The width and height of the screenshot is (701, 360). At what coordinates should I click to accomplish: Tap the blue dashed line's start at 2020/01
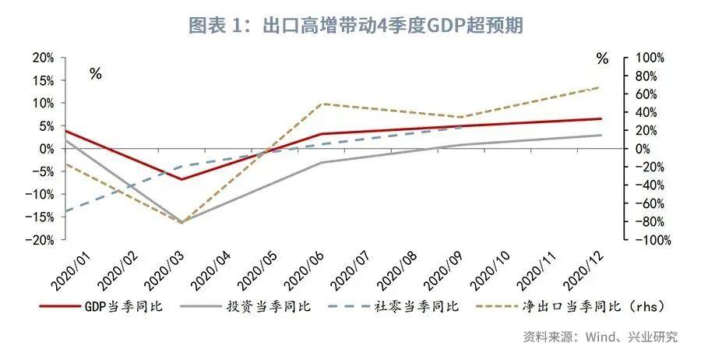pyautogui.click(x=66, y=211)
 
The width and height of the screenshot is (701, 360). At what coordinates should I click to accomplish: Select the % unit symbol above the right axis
pyautogui.click(x=602, y=58)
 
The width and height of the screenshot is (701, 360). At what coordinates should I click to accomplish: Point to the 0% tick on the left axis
pyautogui.click(x=44, y=148)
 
